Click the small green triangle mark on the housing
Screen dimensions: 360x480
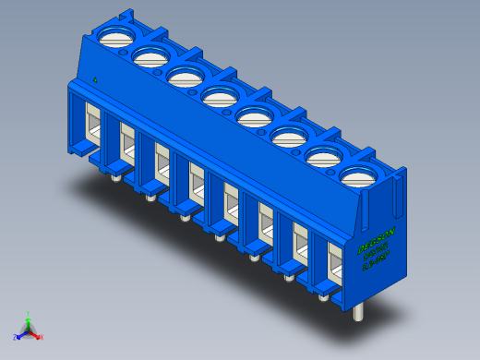[x=95, y=79]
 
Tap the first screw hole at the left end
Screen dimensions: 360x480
[x=115, y=38]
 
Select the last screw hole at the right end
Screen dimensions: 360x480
[x=358, y=174]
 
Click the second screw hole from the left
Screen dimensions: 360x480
[x=150, y=57]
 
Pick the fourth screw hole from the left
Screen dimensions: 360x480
[x=219, y=95]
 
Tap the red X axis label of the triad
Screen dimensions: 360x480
[x=42, y=338]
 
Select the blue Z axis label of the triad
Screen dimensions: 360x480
[x=15, y=338]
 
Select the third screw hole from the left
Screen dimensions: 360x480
[x=184, y=76]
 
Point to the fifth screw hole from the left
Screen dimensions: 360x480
[x=254, y=115]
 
